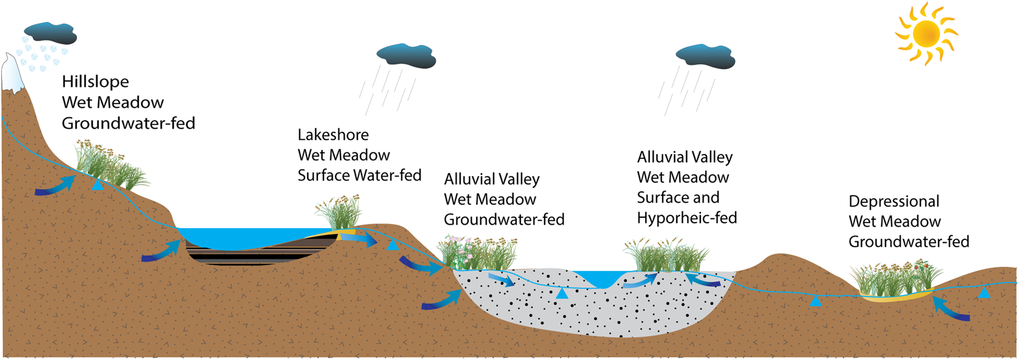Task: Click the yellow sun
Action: click(926, 33)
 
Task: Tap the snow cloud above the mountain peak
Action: click(51, 33)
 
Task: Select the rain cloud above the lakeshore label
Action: click(407, 56)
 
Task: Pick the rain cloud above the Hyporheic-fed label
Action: click(706, 56)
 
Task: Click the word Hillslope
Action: click(95, 82)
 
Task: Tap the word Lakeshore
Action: click(333, 135)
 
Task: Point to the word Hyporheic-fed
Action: click(687, 218)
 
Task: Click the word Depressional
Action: click(894, 201)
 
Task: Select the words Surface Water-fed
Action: click(359, 175)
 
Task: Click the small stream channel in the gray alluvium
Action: click(601, 278)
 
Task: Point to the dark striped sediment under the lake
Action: click(259, 254)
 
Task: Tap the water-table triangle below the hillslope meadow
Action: click(98, 185)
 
